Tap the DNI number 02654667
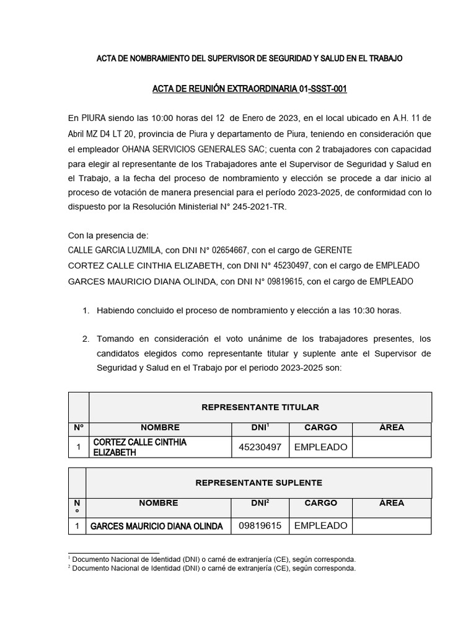(x=229, y=251)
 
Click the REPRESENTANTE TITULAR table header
(x=260, y=407)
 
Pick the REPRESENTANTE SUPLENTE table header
(x=258, y=483)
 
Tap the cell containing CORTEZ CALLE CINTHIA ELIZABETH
(x=160, y=447)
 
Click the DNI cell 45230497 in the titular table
(x=260, y=447)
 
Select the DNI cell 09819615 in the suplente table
(x=260, y=526)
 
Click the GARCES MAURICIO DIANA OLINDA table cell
(x=157, y=526)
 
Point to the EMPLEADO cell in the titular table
(x=320, y=447)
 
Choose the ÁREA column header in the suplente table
(x=391, y=504)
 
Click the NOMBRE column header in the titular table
(x=160, y=428)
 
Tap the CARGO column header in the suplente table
(x=320, y=504)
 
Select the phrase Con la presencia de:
(x=108, y=236)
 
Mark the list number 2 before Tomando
(x=86, y=339)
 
